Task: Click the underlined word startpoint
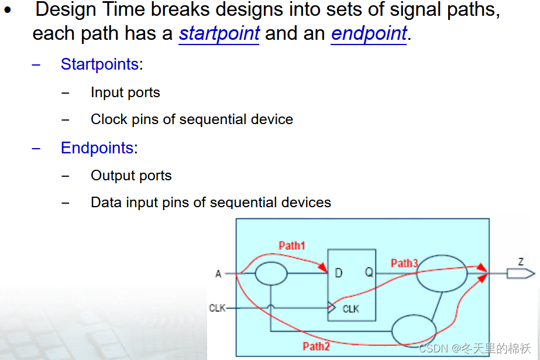click(219, 33)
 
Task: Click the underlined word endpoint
click(369, 33)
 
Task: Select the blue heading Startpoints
click(99, 64)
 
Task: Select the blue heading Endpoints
click(97, 148)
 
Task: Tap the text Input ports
click(125, 92)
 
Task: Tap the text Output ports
click(131, 176)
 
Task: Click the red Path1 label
click(292, 245)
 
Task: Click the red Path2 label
click(316, 347)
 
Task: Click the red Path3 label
click(404, 263)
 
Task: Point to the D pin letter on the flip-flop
click(339, 273)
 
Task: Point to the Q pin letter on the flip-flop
click(369, 273)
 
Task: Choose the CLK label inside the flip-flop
click(351, 308)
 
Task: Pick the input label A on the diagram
click(218, 273)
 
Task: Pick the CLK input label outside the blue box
click(217, 308)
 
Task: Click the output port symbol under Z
click(520, 273)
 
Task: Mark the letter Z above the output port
click(521, 261)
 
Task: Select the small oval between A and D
click(271, 273)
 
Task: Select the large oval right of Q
click(441, 273)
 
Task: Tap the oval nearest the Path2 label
click(414, 331)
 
